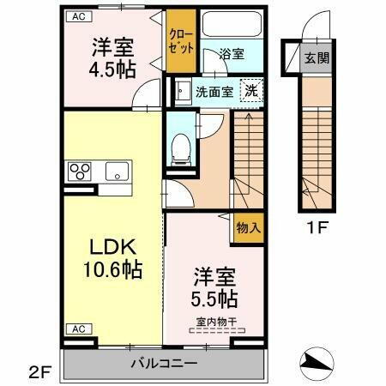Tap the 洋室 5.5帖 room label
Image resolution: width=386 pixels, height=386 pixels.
tap(214, 288)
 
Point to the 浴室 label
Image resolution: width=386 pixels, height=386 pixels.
tap(232, 54)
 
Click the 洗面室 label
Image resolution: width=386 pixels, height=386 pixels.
tap(213, 91)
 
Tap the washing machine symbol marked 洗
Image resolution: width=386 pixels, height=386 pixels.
tap(250, 90)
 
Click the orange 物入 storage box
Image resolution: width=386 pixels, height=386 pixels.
tap(249, 228)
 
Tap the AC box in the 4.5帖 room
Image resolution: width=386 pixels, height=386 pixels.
tap(77, 16)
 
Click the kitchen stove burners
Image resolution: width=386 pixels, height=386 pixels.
tap(80, 170)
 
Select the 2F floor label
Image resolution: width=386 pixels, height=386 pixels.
tap(39, 371)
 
